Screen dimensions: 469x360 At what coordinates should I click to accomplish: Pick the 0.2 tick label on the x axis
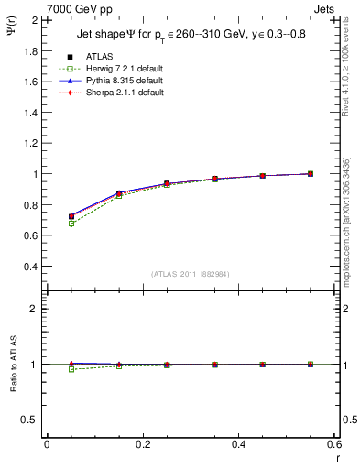pos(142,445)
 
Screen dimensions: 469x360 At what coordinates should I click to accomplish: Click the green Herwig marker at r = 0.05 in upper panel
pos(71,224)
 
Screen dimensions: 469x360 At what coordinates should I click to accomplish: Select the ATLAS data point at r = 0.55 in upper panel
pos(311,173)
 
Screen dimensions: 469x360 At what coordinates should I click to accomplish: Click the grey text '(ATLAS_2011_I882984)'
pos(191,274)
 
